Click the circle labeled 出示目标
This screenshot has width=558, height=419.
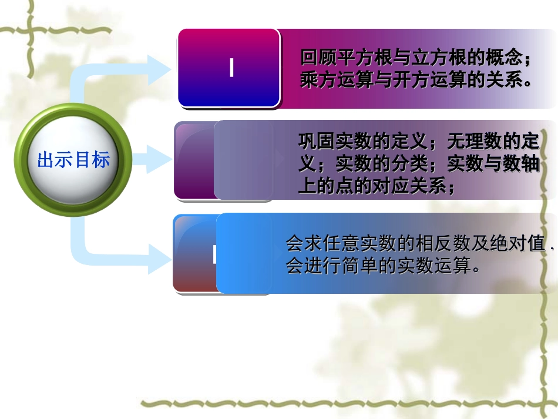(x=73, y=160)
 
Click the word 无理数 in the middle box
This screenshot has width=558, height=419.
(x=475, y=142)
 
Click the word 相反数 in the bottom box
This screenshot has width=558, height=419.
(x=428, y=244)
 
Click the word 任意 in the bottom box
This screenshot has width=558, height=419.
(x=333, y=244)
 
